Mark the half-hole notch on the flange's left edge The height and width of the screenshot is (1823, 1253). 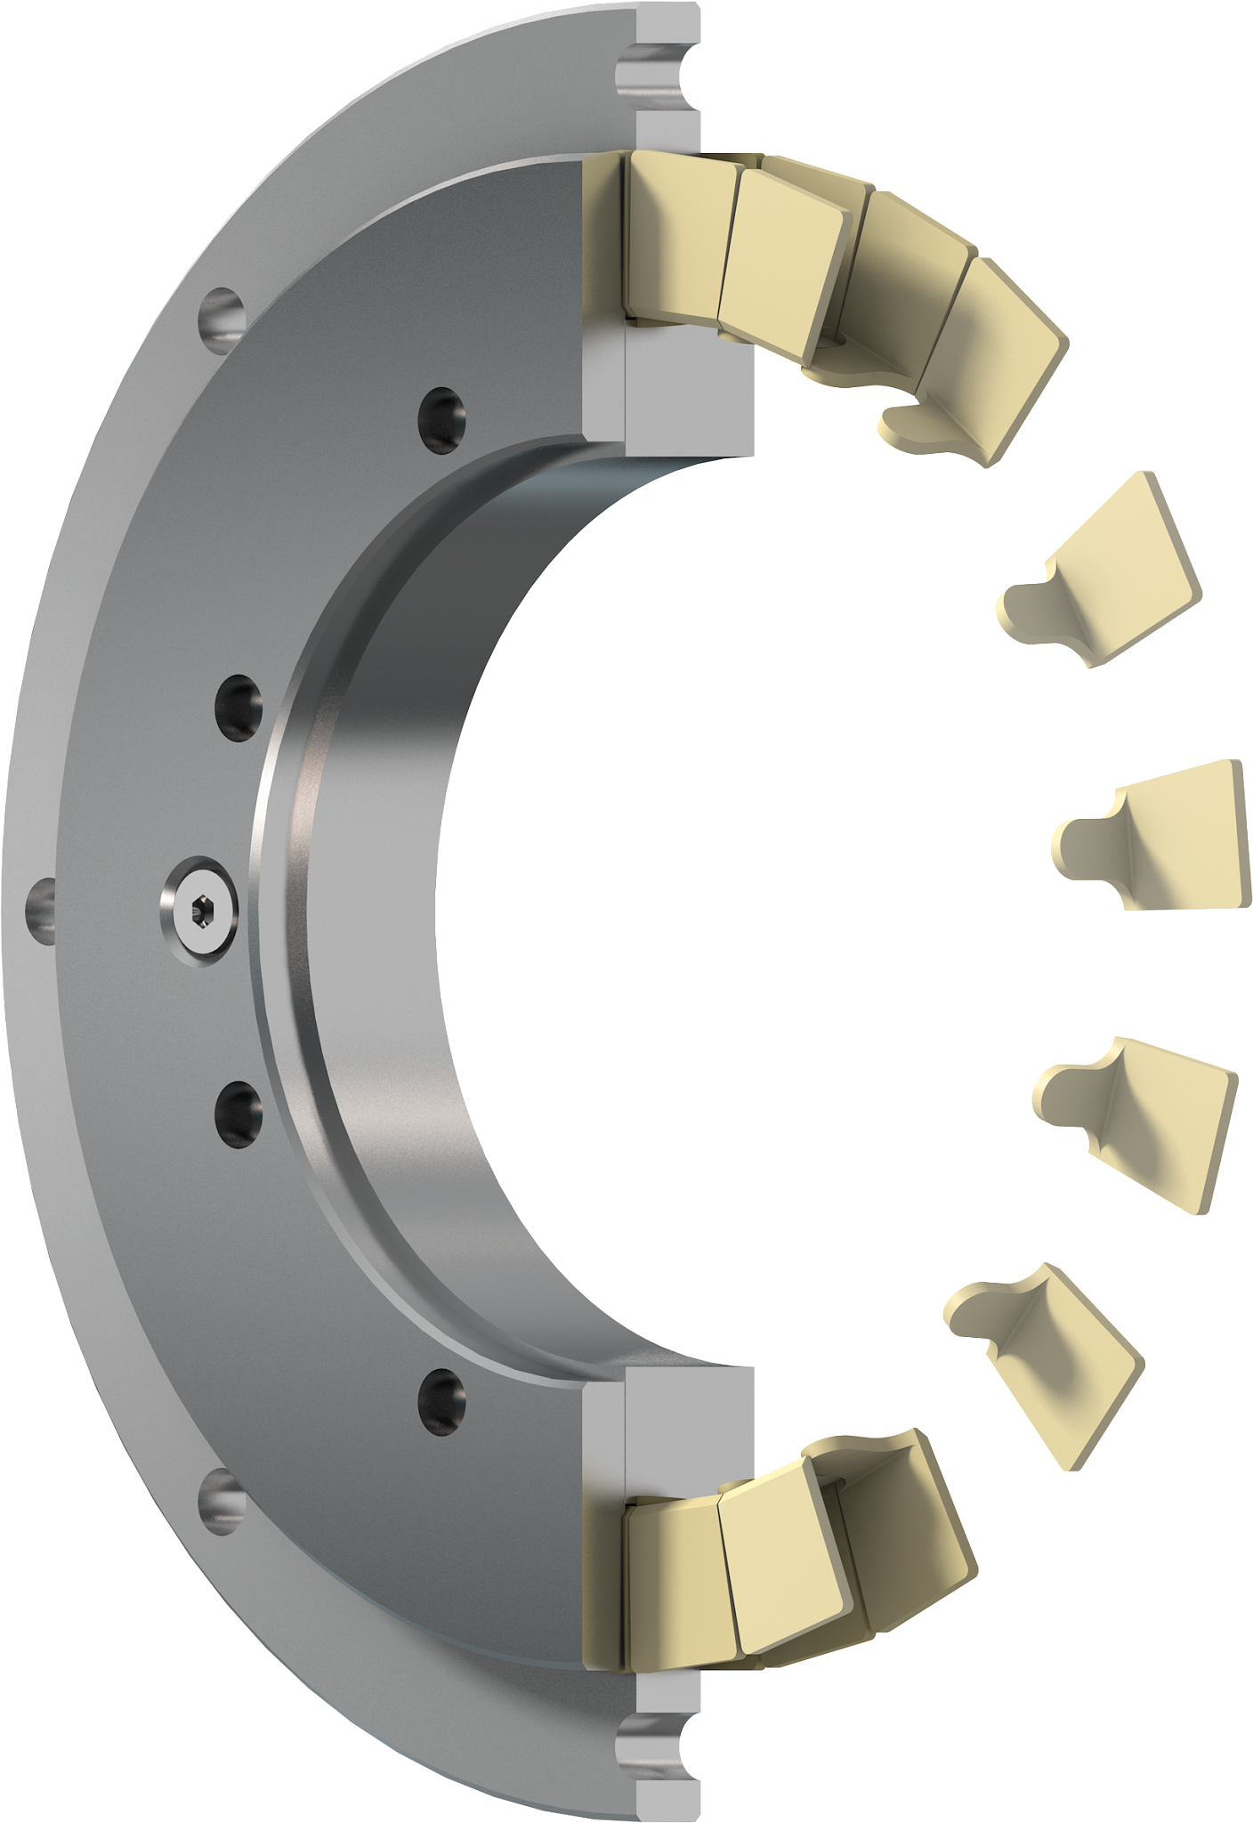click(39, 909)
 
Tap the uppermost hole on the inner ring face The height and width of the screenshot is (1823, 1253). click(442, 413)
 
